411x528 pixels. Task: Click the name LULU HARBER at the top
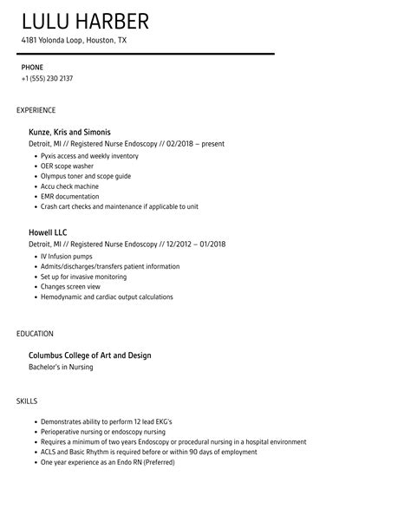[x=85, y=21]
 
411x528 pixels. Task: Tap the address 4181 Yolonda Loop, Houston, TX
[x=87, y=41]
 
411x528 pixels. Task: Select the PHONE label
[x=32, y=67]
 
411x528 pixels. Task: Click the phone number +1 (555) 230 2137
[x=47, y=78]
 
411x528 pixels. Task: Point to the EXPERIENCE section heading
[x=36, y=110]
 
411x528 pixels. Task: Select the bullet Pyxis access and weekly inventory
[x=89, y=155]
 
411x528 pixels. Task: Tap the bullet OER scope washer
[x=68, y=166]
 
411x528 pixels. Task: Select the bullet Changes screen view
[x=70, y=286]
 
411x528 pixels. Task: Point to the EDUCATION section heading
[x=35, y=333]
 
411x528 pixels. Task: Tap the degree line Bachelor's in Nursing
[x=61, y=367]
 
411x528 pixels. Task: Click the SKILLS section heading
[x=27, y=401]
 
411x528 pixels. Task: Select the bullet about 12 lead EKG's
[x=106, y=421]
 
